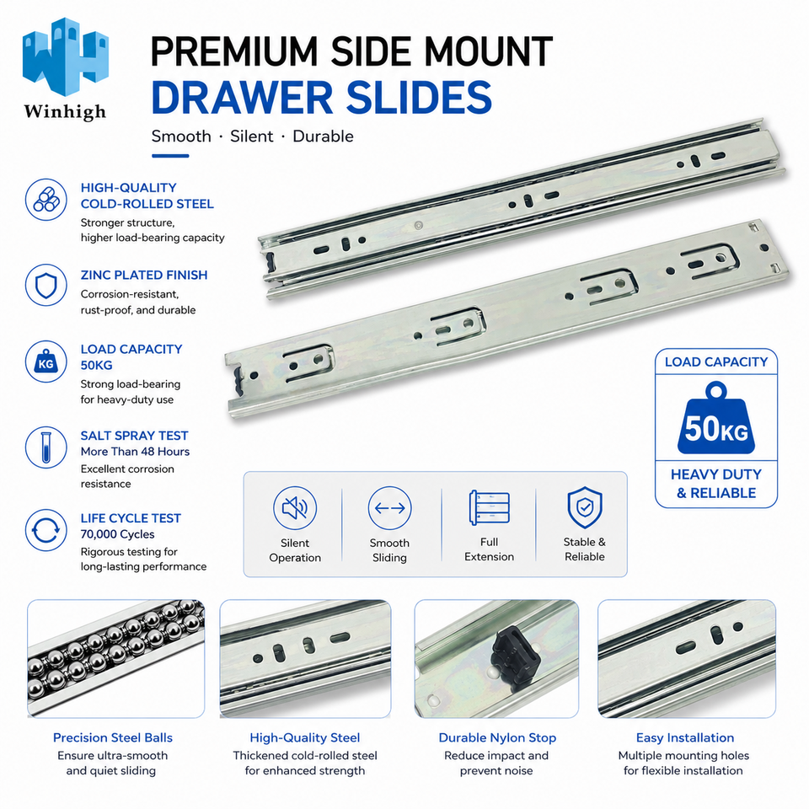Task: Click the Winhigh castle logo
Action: [66, 56]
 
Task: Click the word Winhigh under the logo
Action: [65, 112]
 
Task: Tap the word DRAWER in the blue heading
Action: [242, 98]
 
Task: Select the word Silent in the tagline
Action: [251, 137]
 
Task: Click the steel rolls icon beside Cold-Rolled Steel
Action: [46, 200]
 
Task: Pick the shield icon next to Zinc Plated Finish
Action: [46, 285]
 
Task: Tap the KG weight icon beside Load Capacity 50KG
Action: [46, 362]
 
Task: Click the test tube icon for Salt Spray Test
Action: [46, 447]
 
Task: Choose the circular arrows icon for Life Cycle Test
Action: [46, 530]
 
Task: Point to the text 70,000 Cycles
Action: [117, 534]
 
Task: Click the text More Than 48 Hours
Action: [135, 452]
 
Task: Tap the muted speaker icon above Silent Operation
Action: [295, 507]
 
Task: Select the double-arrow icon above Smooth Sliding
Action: [389, 507]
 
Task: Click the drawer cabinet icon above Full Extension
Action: [489, 507]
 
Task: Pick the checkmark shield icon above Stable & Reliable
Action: [585, 507]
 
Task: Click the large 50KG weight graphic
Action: [716, 419]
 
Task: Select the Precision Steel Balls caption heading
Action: [113, 738]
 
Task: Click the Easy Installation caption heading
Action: [684, 738]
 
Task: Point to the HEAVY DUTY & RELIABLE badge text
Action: [716, 484]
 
